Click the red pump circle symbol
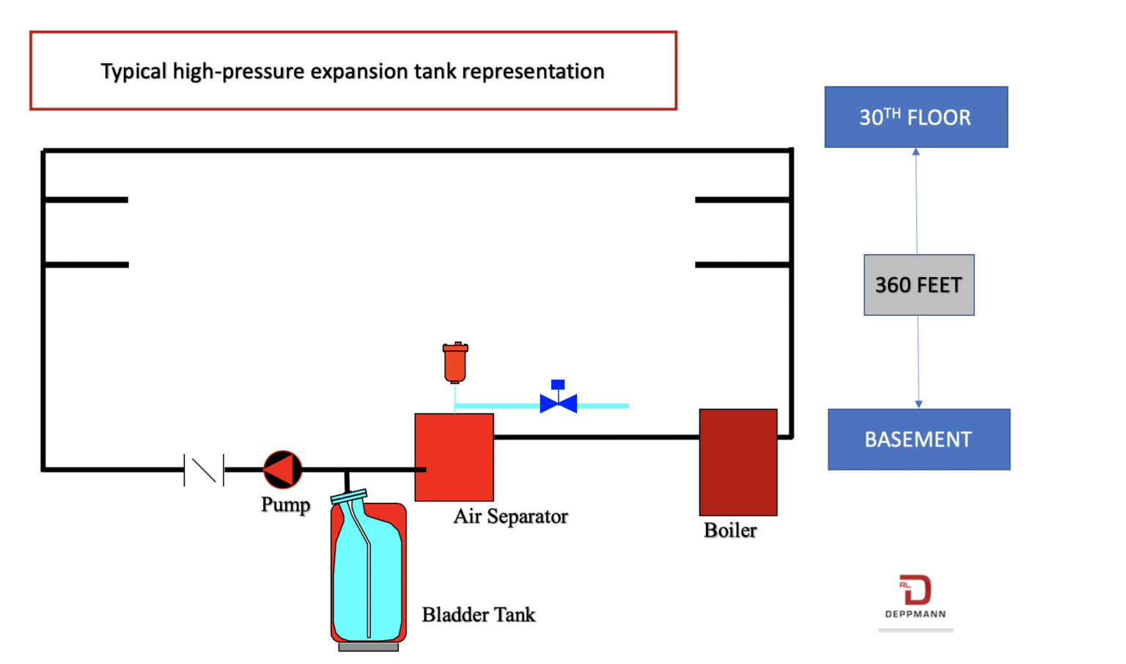coord(282,469)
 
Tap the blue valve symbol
coord(558,402)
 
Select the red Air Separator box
coord(455,457)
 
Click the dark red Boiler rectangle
coord(737,462)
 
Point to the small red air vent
coord(455,362)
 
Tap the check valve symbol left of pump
coord(204,470)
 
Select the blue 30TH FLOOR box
coord(916,117)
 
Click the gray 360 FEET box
coord(919,285)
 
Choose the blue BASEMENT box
coord(919,439)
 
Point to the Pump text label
coord(285,505)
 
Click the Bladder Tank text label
coord(478,614)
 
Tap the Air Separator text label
coord(510,516)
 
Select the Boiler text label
coord(730,530)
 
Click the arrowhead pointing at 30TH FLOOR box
coord(916,152)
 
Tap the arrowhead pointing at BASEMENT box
coord(919,404)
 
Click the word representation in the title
coord(533,72)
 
